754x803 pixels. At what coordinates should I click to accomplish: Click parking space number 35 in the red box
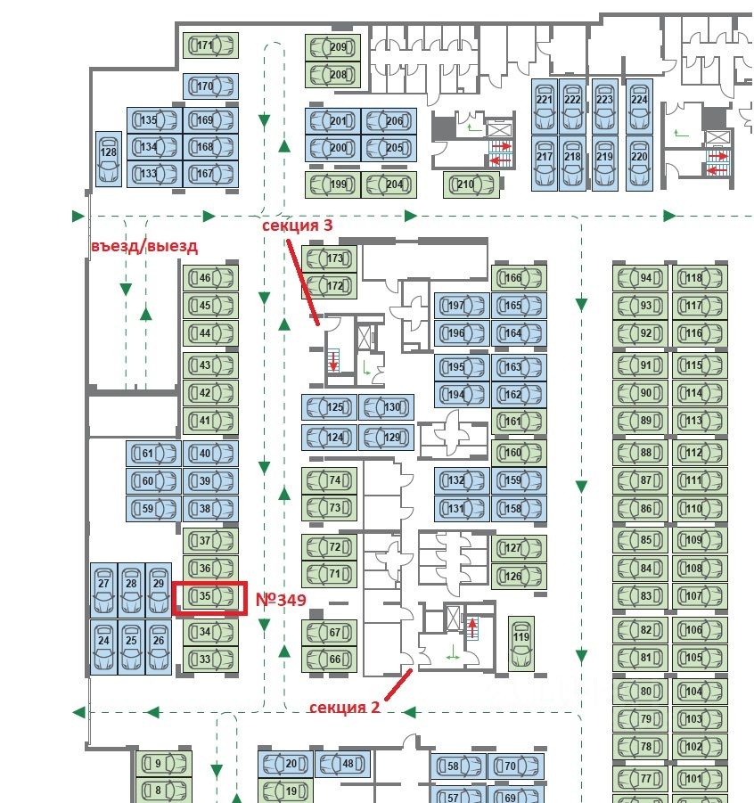pos(210,596)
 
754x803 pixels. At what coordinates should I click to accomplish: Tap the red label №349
pos(281,599)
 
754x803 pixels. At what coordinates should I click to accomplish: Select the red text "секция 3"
pos(297,225)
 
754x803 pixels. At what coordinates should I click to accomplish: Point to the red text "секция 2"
pos(344,708)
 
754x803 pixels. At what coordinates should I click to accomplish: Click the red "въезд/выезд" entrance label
pos(144,246)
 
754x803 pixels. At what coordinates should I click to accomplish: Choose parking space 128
pos(109,159)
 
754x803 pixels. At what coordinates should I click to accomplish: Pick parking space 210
pos(471,184)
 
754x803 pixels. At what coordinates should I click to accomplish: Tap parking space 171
pos(210,45)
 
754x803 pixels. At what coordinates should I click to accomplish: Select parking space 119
pos(520,643)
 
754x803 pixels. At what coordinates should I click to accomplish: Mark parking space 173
pos(329,258)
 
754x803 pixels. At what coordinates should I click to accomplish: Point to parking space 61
pos(153,454)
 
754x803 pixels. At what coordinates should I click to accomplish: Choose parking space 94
pos(640,278)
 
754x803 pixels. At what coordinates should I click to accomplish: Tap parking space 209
pos(333,47)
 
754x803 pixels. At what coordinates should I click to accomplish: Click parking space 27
pos(103,590)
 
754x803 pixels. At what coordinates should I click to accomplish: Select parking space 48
pos(342,764)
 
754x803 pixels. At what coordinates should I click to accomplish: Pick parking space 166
pos(519,278)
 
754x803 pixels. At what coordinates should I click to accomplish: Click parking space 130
pos(386,407)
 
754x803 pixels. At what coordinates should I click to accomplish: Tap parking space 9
pos(164,764)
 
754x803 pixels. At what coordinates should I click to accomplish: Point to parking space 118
pos(700,278)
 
